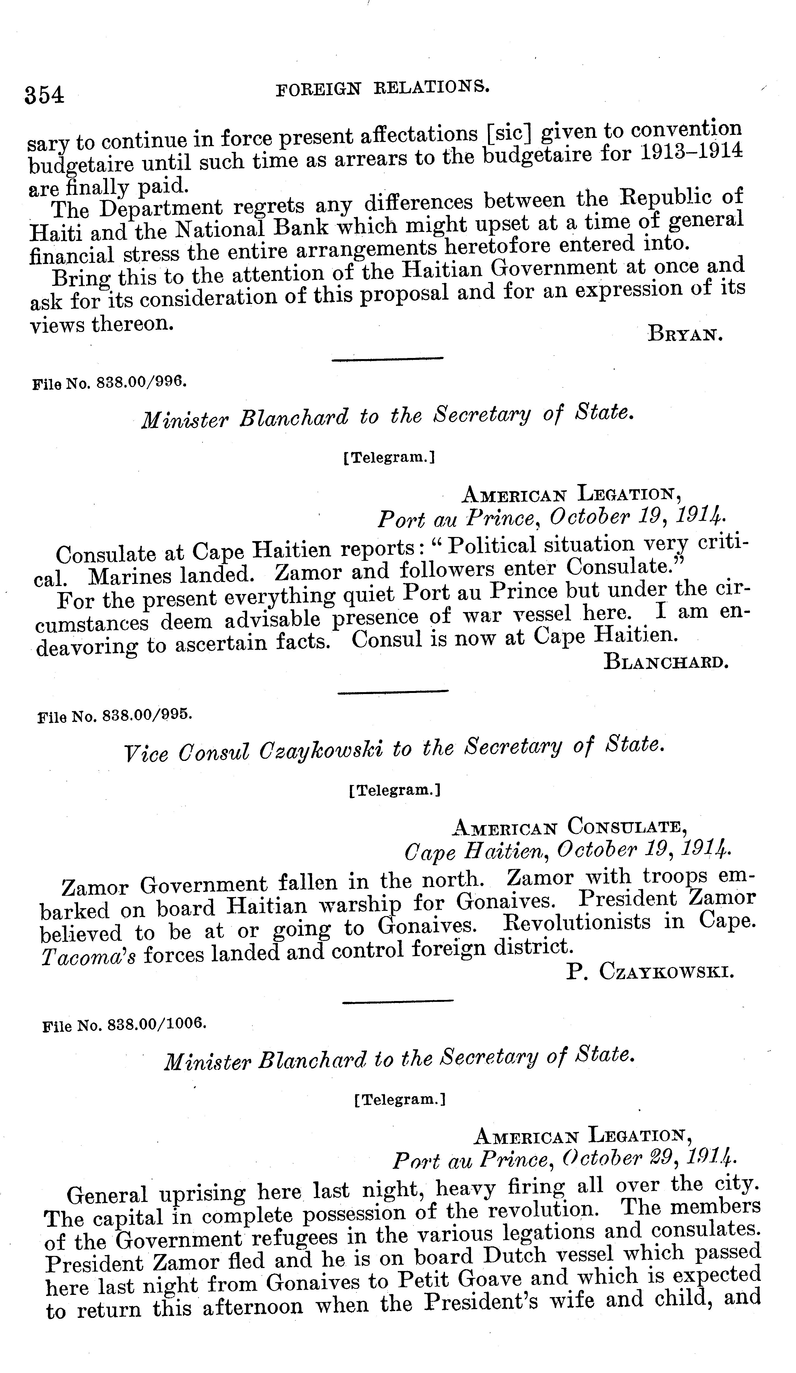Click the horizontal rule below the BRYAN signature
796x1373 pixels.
[387, 359]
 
